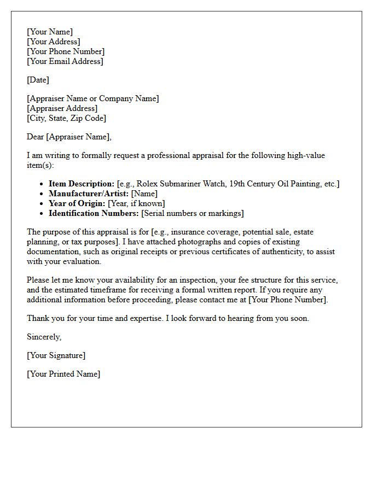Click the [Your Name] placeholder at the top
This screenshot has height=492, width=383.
50,32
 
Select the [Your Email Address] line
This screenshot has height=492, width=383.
65,61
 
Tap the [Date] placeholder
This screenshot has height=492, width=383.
38,80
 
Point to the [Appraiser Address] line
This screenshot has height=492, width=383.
62,108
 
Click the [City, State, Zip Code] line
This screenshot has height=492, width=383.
66,118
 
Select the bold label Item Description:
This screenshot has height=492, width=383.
82,184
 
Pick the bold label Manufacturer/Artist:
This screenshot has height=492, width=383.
89,194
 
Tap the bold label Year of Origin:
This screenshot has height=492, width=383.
77,203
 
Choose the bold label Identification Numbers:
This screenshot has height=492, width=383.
94,213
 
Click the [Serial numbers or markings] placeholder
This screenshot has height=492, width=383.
193,213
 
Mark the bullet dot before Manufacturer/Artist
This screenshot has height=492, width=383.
42,194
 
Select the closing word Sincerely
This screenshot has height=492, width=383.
44,337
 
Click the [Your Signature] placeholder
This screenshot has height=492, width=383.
56,355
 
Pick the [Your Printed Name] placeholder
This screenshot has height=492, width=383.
63,374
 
